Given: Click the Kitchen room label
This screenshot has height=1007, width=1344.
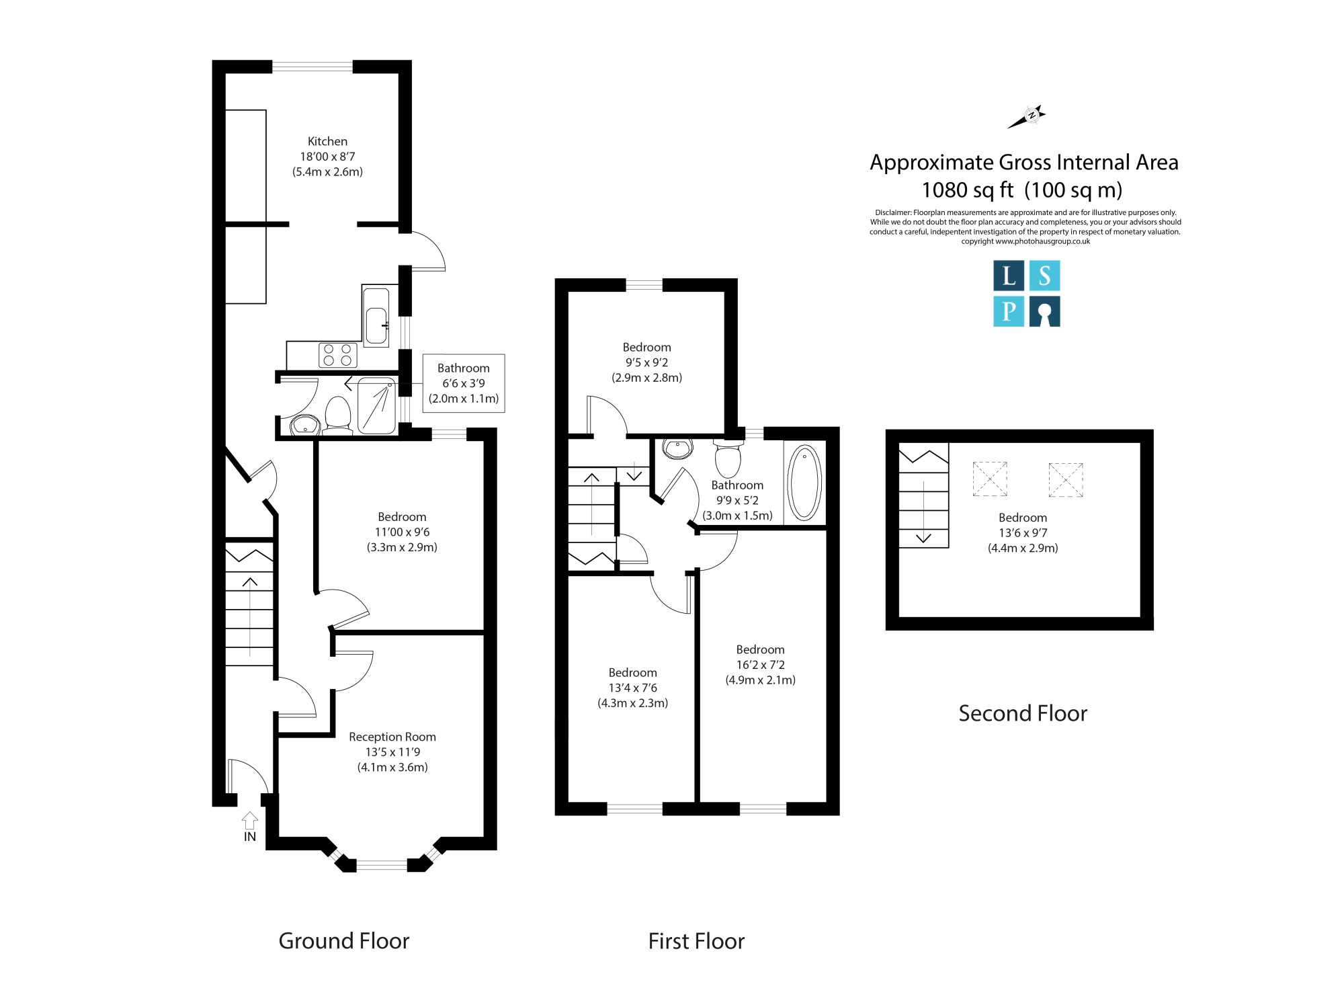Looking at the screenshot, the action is click(x=327, y=141).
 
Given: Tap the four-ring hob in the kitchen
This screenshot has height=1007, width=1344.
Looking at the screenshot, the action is click(x=337, y=355).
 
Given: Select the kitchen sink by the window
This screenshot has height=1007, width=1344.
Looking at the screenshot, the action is click(x=376, y=317).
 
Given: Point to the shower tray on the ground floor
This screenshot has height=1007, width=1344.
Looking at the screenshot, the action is click(x=376, y=406).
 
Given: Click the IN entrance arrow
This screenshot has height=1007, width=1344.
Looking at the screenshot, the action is click(x=250, y=820).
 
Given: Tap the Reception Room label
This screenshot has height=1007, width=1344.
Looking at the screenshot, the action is click(x=392, y=737).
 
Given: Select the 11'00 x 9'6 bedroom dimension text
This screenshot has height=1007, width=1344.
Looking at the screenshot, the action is click(x=402, y=532).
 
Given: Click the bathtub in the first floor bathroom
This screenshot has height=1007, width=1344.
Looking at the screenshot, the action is click(x=804, y=482).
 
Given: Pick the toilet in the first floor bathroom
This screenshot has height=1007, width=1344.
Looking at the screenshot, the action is click(x=728, y=458).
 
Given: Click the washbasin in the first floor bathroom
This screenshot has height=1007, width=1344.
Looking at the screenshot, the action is click(x=677, y=448).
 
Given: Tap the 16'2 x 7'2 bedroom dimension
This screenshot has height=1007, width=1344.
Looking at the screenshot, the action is click(x=760, y=665).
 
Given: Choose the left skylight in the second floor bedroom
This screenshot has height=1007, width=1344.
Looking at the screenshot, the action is click(x=990, y=479).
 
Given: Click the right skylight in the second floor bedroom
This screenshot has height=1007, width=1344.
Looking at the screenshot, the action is click(x=1066, y=479).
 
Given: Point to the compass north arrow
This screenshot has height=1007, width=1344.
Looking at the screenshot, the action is click(x=1026, y=117).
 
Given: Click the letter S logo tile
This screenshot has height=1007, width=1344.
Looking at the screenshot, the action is click(x=1044, y=276).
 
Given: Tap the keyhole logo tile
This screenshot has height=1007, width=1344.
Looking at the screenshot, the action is click(x=1044, y=311).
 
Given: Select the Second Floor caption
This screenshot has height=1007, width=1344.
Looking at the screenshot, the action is click(x=1023, y=713).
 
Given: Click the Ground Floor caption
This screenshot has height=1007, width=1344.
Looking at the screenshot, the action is click(x=344, y=941).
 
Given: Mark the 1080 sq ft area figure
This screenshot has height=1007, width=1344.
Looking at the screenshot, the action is click(x=968, y=190).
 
